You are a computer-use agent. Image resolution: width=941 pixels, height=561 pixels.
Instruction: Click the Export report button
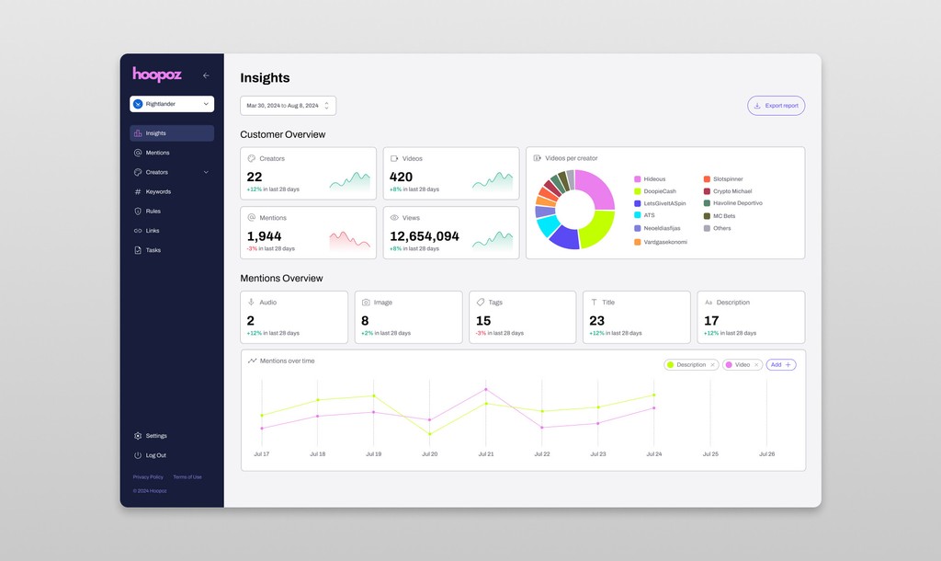coord(777,106)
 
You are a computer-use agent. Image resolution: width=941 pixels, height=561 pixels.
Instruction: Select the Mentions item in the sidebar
coord(157,153)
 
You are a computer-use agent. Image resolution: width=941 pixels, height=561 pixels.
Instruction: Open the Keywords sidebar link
coord(158,191)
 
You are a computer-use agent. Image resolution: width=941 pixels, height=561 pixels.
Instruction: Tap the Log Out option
coord(155,455)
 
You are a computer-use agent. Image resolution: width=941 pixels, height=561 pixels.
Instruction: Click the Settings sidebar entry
coord(156,436)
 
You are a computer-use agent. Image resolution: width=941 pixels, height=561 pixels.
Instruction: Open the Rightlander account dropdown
coord(172,104)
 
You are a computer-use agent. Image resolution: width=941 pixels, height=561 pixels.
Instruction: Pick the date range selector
coord(288,106)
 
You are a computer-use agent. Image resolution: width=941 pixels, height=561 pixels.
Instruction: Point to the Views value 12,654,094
coord(425,236)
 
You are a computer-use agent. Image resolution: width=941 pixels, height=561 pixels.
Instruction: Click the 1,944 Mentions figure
coord(264,236)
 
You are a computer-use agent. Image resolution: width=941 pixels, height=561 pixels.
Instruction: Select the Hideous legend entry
coord(654,178)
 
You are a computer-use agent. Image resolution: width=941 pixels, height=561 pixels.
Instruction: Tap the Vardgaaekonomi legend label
coord(665,242)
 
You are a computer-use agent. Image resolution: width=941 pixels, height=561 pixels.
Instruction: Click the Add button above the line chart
coord(781,365)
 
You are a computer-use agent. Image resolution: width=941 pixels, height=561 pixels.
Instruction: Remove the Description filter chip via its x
coord(712,365)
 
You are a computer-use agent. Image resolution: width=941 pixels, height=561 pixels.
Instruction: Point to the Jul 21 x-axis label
coord(486,453)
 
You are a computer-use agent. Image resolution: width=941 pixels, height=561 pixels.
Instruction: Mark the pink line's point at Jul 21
coord(486,389)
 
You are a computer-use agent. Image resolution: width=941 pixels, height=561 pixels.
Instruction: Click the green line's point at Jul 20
coord(430,433)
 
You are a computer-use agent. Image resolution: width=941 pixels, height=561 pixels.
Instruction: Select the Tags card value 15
coord(483,321)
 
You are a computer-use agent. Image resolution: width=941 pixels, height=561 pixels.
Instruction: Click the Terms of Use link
coord(187,476)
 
